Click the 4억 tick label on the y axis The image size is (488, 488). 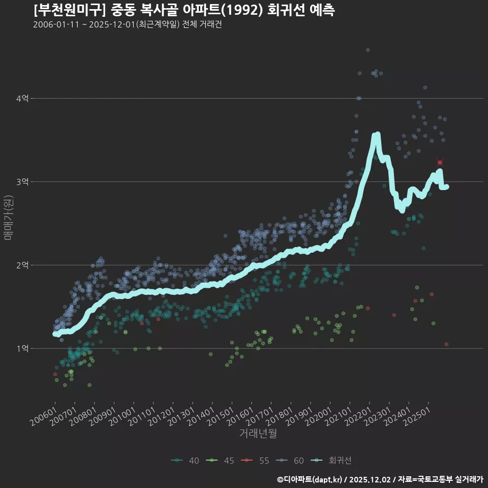tap(22, 98)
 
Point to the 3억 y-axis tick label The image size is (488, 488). tap(22, 181)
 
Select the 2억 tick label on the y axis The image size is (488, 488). tap(22, 265)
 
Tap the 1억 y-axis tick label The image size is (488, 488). tap(22, 348)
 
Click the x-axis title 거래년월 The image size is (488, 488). tap(258, 434)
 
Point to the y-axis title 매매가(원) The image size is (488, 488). tap(8, 217)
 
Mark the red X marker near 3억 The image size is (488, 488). tap(440, 162)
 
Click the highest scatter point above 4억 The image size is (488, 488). tap(368, 50)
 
